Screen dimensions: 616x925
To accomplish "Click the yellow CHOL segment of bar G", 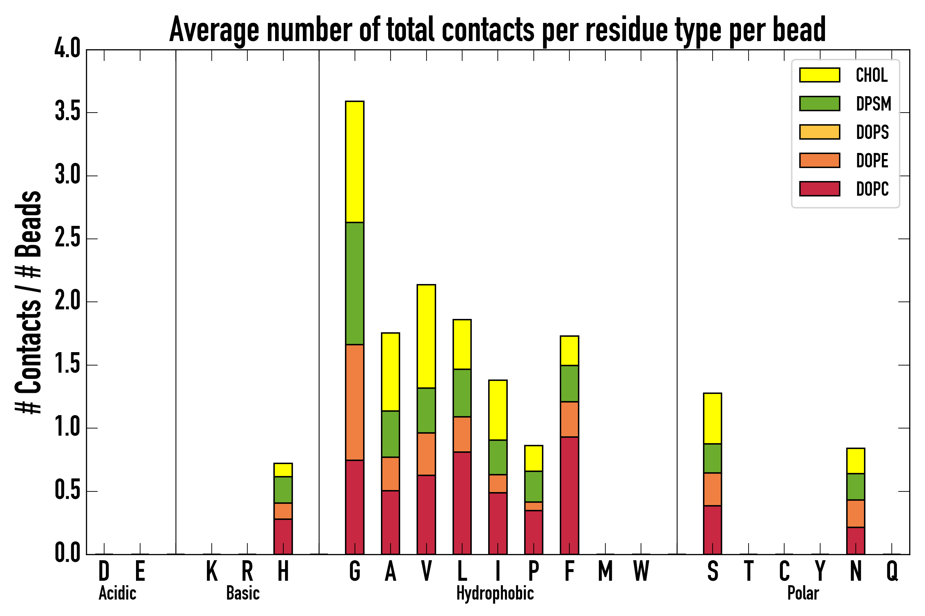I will (354, 162).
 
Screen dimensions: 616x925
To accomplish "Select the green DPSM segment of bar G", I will (354, 283).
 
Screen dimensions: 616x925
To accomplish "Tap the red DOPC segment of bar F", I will (569, 496).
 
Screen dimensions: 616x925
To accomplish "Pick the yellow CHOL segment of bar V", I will (426, 336).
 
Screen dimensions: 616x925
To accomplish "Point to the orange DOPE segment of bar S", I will (712, 489).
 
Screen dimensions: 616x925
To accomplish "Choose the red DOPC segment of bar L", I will (462, 503).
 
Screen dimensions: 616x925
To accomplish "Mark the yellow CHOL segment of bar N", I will (855, 460).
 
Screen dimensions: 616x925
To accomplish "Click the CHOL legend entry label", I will (872, 75).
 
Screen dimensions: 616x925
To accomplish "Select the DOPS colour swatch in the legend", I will (819, 132).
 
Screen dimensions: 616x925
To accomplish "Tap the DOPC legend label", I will (872, 189).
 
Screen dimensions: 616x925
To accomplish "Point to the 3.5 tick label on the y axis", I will (67, 112).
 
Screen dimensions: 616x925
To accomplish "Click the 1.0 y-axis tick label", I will (67, 428).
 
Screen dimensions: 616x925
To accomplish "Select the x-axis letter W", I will (641, 571).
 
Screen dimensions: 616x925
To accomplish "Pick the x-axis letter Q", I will (892, 571).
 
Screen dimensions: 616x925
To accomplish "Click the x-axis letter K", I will (212, 571).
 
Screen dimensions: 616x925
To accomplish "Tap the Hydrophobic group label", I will (495, 593).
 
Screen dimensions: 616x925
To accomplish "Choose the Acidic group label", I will (117, 593).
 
